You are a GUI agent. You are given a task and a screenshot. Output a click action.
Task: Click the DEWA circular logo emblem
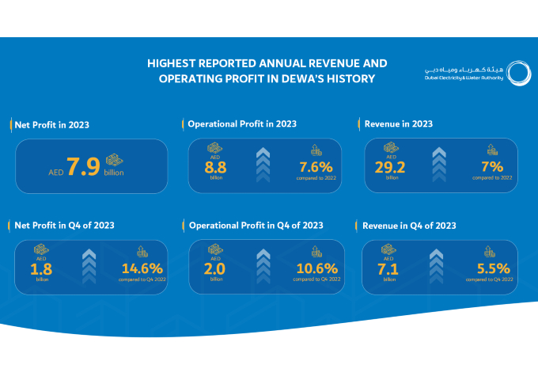click(x=518, y=74)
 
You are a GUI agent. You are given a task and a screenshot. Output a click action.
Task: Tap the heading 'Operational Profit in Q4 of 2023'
click(x=256, y=226)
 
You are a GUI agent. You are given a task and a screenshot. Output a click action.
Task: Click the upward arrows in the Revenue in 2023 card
click(x=440, y=165)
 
